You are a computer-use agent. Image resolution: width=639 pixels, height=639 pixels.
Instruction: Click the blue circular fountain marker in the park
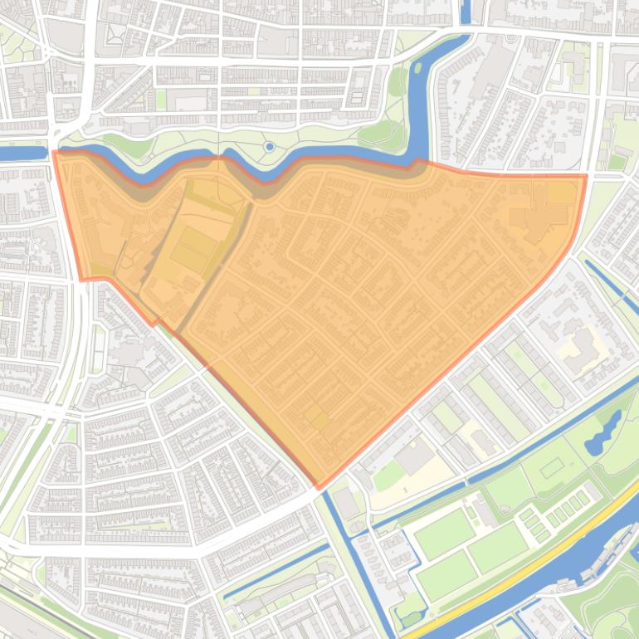point(269,147)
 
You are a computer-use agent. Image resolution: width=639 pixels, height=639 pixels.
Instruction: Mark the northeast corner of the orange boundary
point(586,175)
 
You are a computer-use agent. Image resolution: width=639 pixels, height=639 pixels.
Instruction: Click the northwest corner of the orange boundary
point(54,152)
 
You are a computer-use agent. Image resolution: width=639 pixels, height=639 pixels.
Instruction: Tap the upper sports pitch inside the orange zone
point(196,241)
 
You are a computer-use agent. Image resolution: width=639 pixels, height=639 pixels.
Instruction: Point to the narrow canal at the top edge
point(465,12)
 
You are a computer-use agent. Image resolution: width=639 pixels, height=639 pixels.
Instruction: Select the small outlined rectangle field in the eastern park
point(552,467)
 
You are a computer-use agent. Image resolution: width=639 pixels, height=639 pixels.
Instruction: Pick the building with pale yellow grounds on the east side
point(584,349)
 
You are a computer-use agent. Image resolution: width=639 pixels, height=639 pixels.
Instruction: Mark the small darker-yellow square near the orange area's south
point(315,418)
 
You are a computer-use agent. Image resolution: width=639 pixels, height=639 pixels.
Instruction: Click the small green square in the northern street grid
point(161,100)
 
